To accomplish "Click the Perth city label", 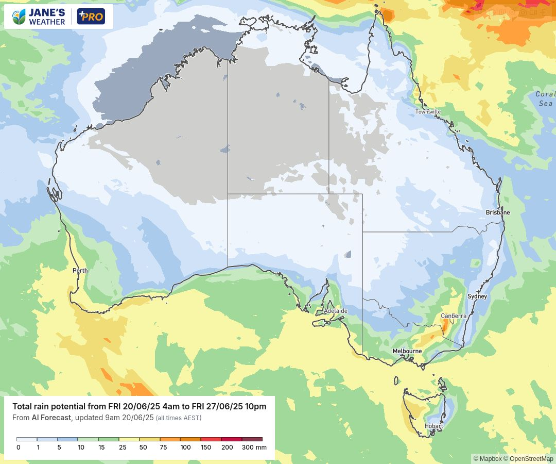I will point(80,271).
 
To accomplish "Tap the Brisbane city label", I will point(497,212).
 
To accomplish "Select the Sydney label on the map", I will point(477,296).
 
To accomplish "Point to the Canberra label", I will point(454,316).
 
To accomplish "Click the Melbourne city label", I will point(407,351).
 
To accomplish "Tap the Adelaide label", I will point(336,311).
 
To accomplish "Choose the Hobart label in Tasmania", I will point(433,426).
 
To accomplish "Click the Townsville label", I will point(428,112).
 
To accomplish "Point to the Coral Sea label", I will point(545,98).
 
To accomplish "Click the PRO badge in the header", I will point(91,16).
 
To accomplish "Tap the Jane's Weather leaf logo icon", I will point(19,16).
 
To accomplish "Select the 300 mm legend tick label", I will point(254,448).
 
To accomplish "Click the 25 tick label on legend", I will point(123,448).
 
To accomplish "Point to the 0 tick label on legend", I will point(18,448).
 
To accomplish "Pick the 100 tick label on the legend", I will point(185,448).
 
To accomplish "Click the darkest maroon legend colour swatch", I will point(252,439).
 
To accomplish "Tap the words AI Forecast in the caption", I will point(51,418).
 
